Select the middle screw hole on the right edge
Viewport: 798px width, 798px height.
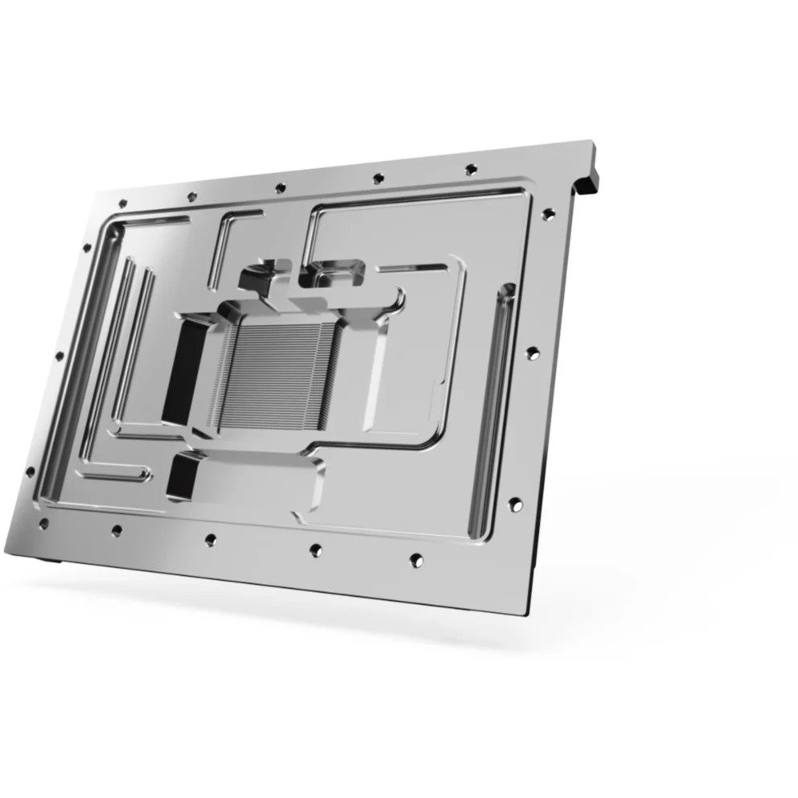[x=532, y=352]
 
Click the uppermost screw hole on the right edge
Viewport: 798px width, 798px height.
[x=548, y=214]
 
